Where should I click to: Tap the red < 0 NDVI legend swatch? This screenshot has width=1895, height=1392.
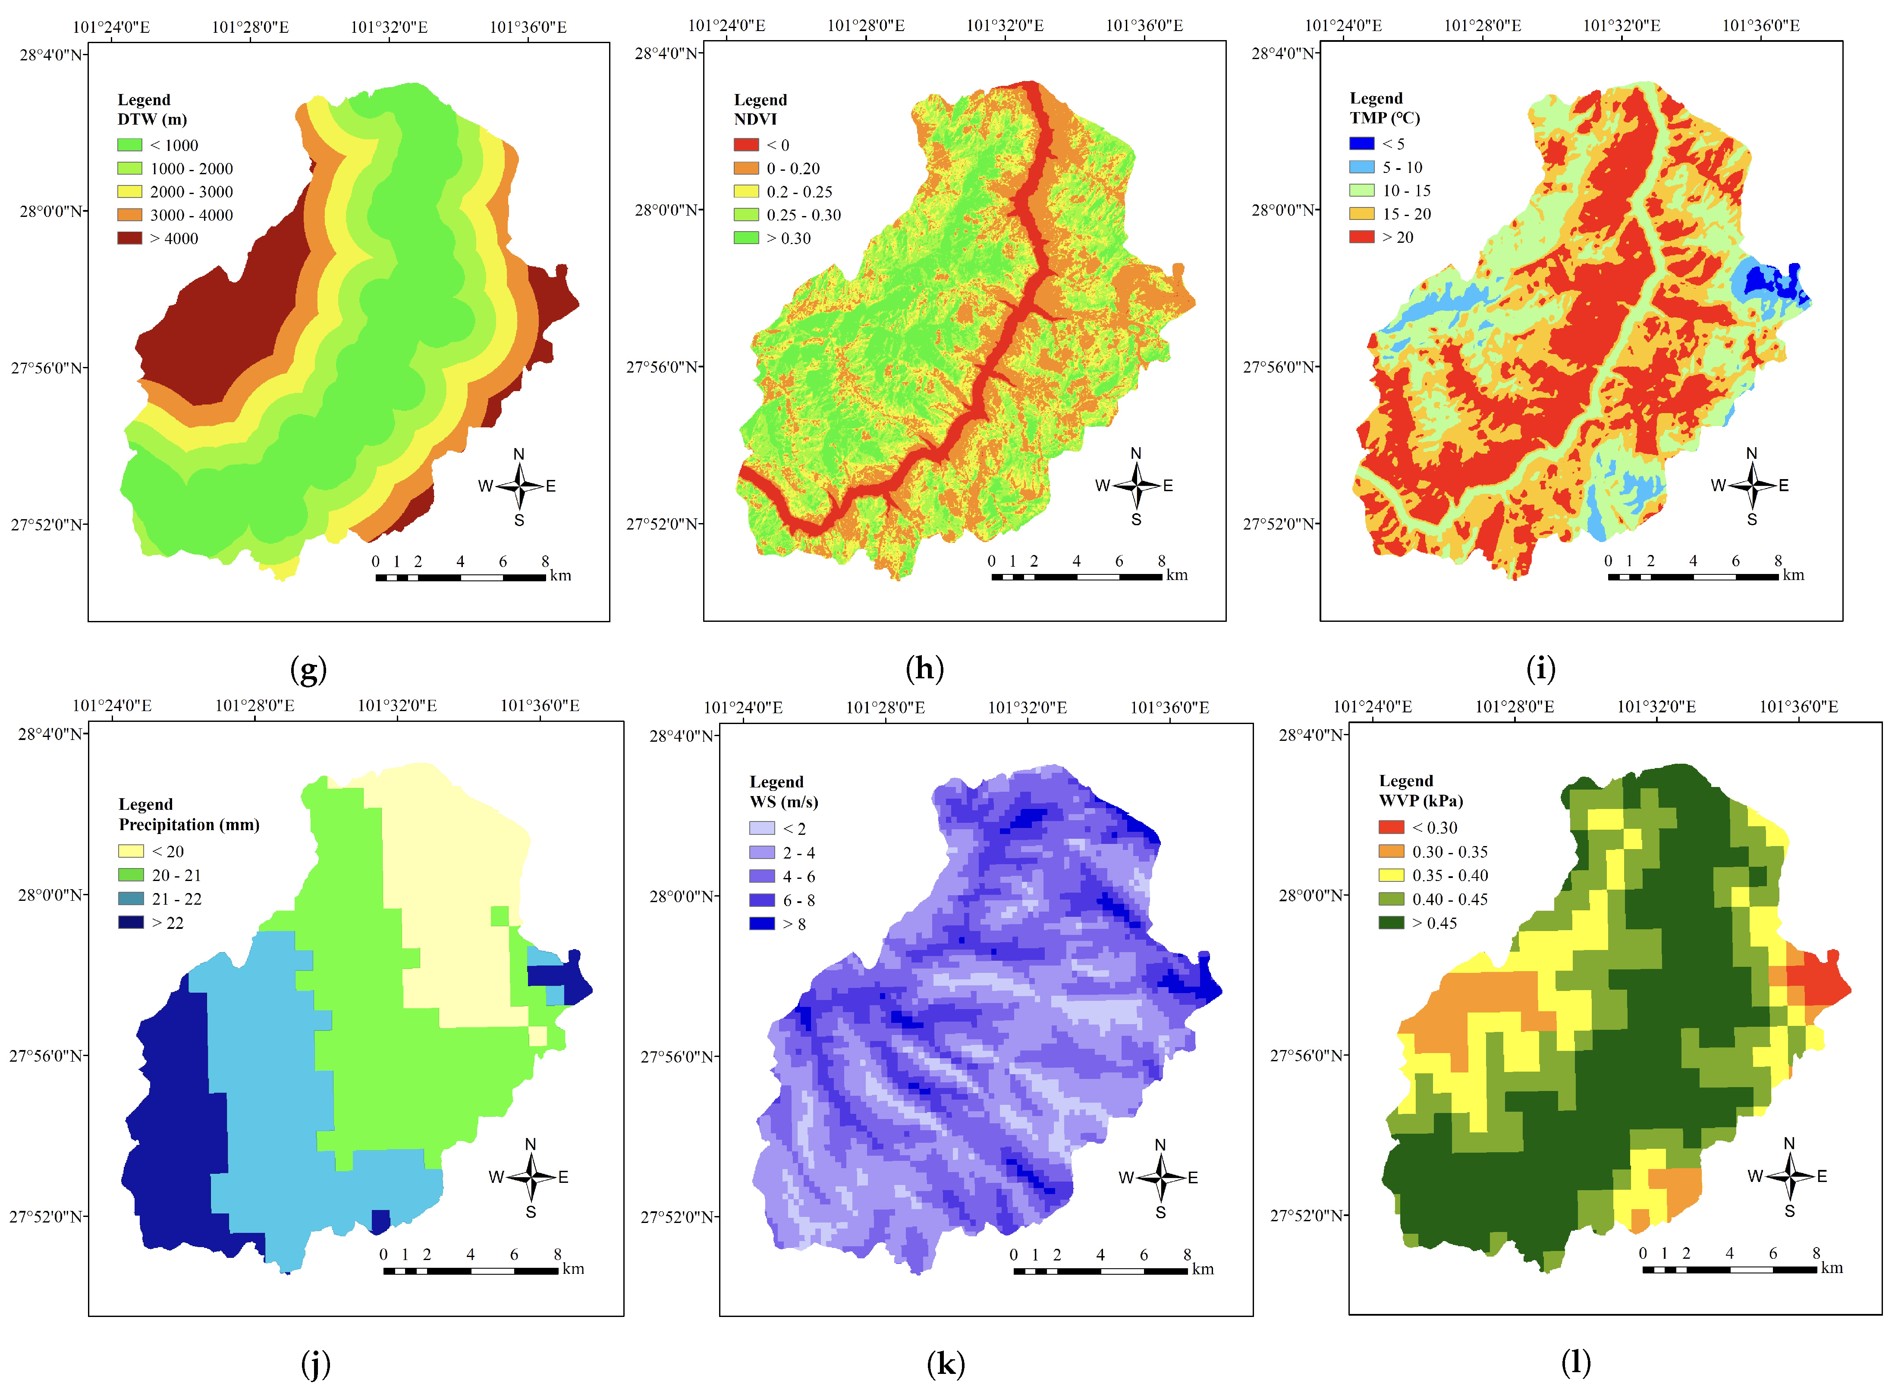pos(746,145)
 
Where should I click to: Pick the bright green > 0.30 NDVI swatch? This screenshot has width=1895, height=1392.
pos(746,238)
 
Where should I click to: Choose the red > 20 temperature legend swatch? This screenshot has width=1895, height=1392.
pos(1361,237)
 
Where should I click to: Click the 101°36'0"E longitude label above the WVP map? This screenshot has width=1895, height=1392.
pos(1798,706)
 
